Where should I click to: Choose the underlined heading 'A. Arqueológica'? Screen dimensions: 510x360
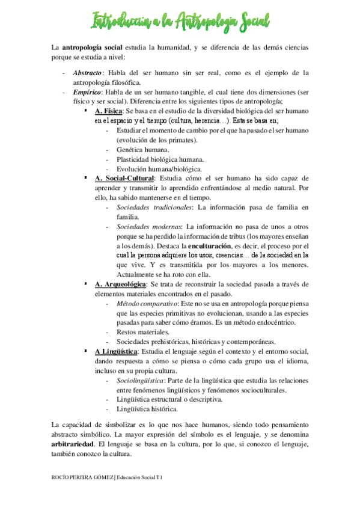(x=120, y=283)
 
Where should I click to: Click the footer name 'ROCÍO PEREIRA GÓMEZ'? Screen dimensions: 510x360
(x=82, y=478)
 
